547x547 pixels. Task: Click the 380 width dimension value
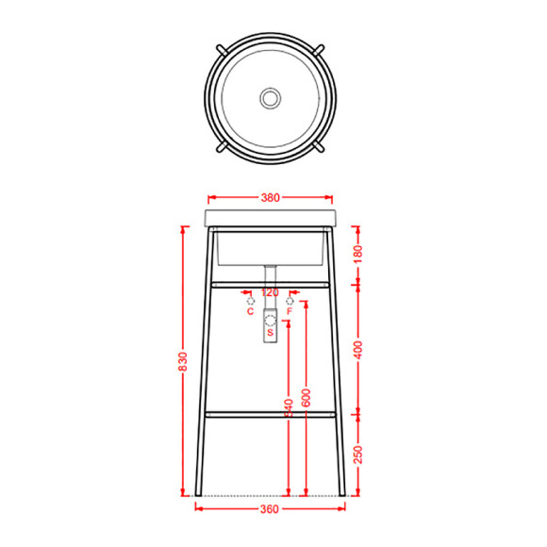pyautogui.click(x=271, y=198)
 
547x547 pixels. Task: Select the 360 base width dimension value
pyautogui.click(x=270, y=509)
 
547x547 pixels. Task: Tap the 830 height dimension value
pyautogui.click(x=183, y=361)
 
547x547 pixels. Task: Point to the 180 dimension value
pyautogui.click(x=358, y=254)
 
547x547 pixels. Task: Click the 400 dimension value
pyautogui.click(x=358, y=350)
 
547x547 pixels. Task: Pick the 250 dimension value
pyautogui.click(x=358, y=455)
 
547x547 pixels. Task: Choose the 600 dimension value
pyautogui.click(x=306, y=397)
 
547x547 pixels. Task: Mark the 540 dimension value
pyautogui.click(x=289, y=407)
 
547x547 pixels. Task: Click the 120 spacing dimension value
pyautogui.click(x=270, y=292)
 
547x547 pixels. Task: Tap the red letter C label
pyautogui.click(x=251, y=311)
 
